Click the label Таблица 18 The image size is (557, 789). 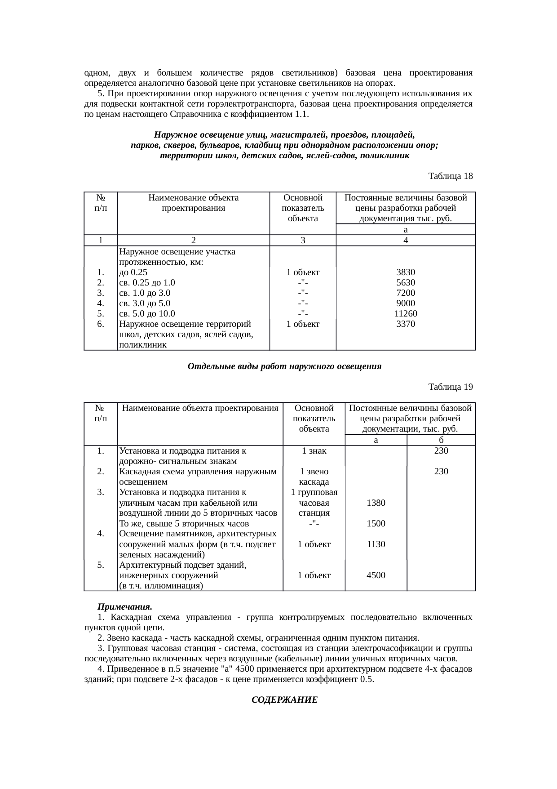(450, 176)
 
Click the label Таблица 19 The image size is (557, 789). (450, 387)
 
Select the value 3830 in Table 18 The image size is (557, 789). (406, 272)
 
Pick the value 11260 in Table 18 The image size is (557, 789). (406, 314)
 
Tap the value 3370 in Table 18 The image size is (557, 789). (406, 324)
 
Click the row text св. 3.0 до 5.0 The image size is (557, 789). (145, 303)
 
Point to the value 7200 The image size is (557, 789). (406, 293)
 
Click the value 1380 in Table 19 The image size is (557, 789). (376, 503)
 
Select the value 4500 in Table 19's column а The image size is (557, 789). (376, 575)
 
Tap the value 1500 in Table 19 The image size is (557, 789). (376, 523)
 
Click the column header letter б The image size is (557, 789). (441, 440)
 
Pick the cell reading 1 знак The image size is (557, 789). (314, 450)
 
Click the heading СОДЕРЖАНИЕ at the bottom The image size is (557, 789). (284, 700)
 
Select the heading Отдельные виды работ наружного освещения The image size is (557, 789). (284, 366)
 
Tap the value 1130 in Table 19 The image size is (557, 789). (376, 544)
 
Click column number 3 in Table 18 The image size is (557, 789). (303, 241)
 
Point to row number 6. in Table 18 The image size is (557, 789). (101, 324)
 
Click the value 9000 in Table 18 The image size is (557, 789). (406, 303)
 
